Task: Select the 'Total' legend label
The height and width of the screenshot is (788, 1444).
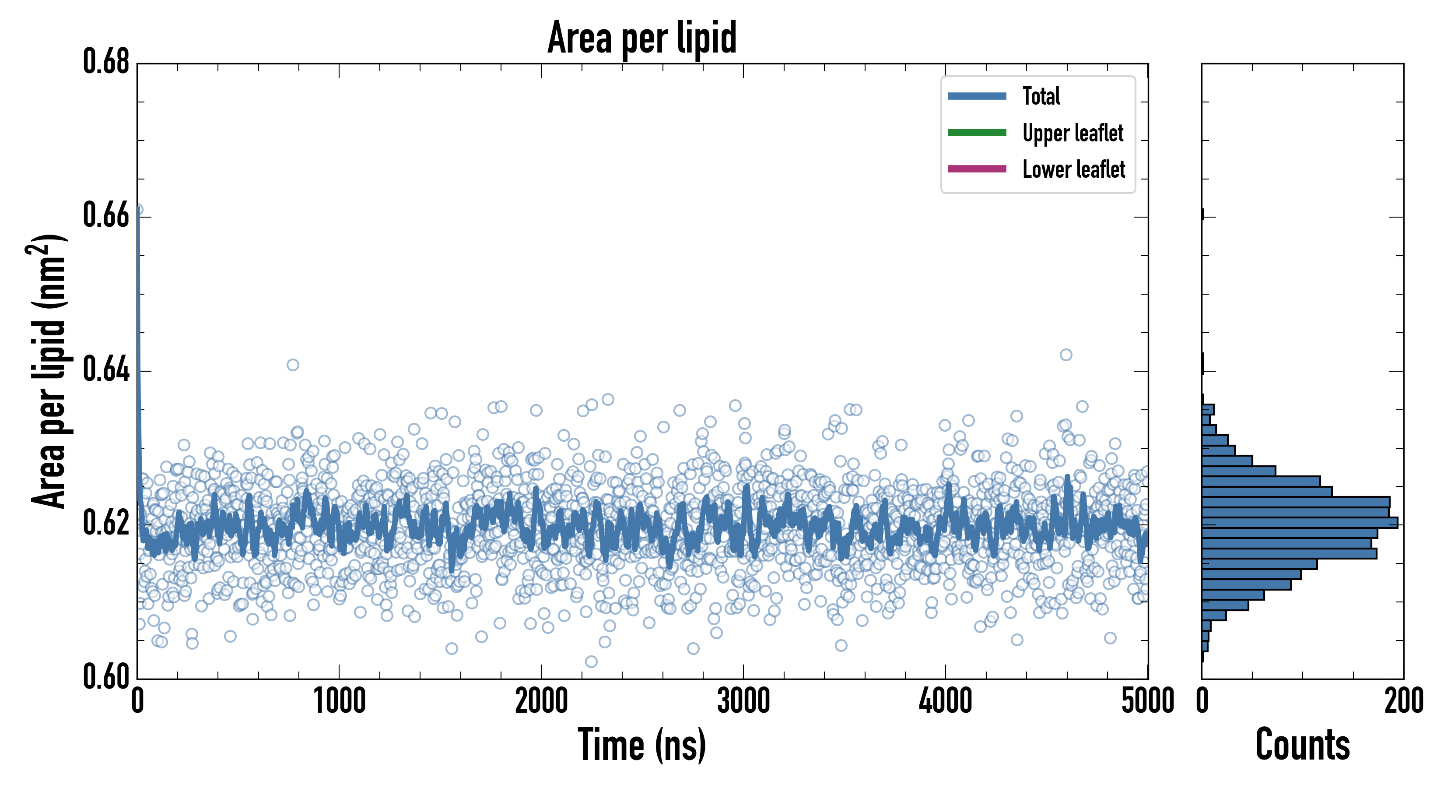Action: [x=1041, y=96]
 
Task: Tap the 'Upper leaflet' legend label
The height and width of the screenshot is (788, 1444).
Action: [x=1072, y=133]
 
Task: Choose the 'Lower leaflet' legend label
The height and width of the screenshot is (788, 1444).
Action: [x=1073, y=169]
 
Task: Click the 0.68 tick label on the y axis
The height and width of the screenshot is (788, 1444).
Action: [x=106, y=61]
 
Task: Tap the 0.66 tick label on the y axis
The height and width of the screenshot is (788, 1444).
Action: [x=106, y=215]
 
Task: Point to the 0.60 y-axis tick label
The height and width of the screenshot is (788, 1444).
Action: [x=106, y=677]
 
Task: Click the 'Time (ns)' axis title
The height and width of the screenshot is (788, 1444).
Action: [x=642, y=745]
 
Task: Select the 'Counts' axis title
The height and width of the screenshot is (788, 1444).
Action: [x=1302, y=745]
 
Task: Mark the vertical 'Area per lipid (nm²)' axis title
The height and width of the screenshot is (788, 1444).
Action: [x=48, y=371]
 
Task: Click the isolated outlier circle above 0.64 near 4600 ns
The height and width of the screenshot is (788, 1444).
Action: [x=1065, y=355]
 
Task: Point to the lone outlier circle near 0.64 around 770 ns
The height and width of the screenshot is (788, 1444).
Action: [x=293, y=365]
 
